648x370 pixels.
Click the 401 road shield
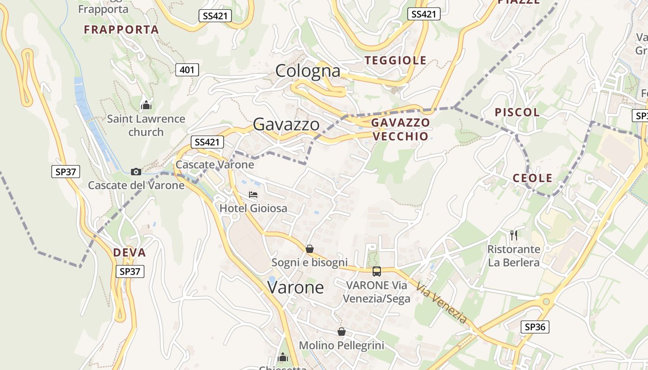[x=187, y=70]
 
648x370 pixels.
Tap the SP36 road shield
[x=535, y=327]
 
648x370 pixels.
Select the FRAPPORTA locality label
[x=121, y=30]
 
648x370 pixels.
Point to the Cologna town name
[x=308, y=71]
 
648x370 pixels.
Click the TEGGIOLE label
[x=395, y=60]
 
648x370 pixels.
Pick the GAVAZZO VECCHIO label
[x=400, y=129]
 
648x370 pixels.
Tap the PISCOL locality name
[x=517, y=112]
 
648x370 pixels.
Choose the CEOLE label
[x=532, y=178]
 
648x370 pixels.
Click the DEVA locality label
[x=130, y=253]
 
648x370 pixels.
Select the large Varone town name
[x=296, y=287]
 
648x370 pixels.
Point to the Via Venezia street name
[x=441, y=303]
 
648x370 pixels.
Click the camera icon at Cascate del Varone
[x=136, y=172]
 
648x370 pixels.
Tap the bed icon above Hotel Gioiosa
[x=253, y=194]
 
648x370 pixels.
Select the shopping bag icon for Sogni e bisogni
[x=310, y=249]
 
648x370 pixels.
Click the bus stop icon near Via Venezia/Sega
[x=377, y=271]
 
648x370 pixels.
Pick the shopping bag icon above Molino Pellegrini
[x=342, y=332]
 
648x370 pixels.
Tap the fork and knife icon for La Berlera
[x=514, y=235]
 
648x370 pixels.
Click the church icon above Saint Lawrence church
[x=146, y=105]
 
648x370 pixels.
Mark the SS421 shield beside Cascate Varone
[x=207, y=142]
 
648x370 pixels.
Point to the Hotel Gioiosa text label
[x=253, y=208]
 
